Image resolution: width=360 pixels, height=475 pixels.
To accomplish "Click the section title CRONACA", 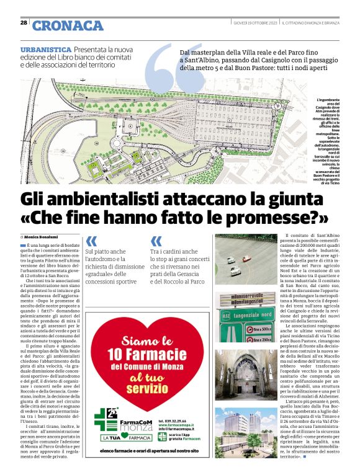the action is coord(68,25).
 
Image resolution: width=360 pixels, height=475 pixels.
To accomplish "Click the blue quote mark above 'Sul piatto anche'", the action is coord(91,241).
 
